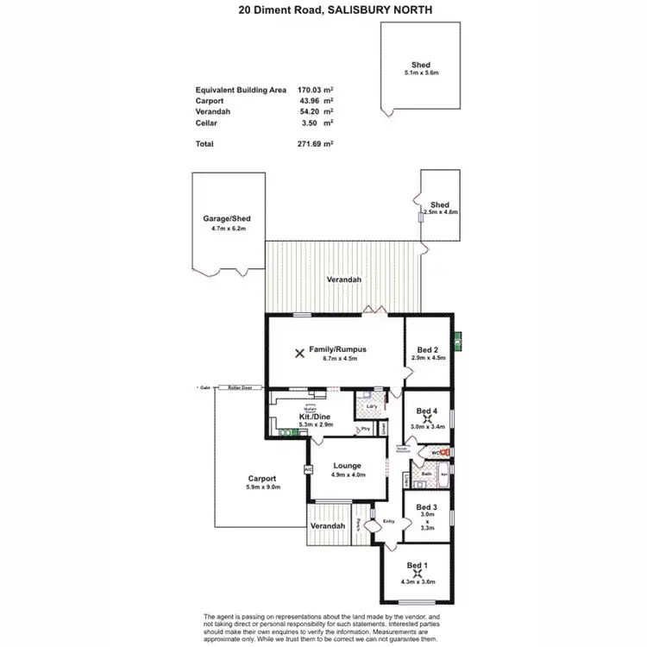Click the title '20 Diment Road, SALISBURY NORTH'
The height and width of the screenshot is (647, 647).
tap(323, 10)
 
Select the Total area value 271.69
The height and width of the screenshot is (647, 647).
tap(310, 143)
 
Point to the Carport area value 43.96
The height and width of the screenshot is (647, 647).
tap(310, 99)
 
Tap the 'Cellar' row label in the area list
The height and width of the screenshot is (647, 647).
tap(207, 123)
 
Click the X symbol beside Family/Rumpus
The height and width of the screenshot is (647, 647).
tap(299, 353)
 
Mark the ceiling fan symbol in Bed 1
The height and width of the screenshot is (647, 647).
tap(418, 572)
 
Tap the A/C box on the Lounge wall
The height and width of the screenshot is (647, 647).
tap(307, 470)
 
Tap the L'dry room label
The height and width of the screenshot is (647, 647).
tap(372, 405)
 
